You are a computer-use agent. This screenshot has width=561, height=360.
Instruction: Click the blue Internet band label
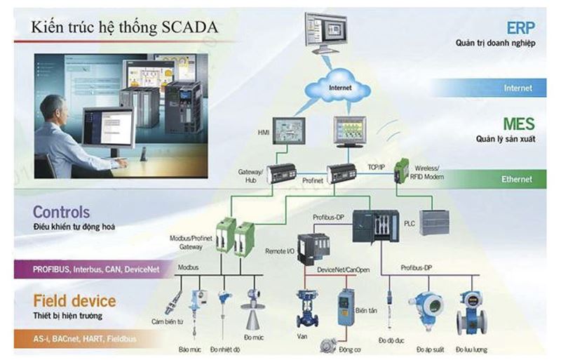pyautogui.click(x=518, y=88)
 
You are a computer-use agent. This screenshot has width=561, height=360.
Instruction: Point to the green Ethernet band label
pyautogui.click(x=516, y=180)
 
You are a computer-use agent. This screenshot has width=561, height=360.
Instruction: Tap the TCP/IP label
pyautogui.click(x=377, y=167)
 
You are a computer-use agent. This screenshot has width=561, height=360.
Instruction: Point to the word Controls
pyautogui.click(x=61, y=212)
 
